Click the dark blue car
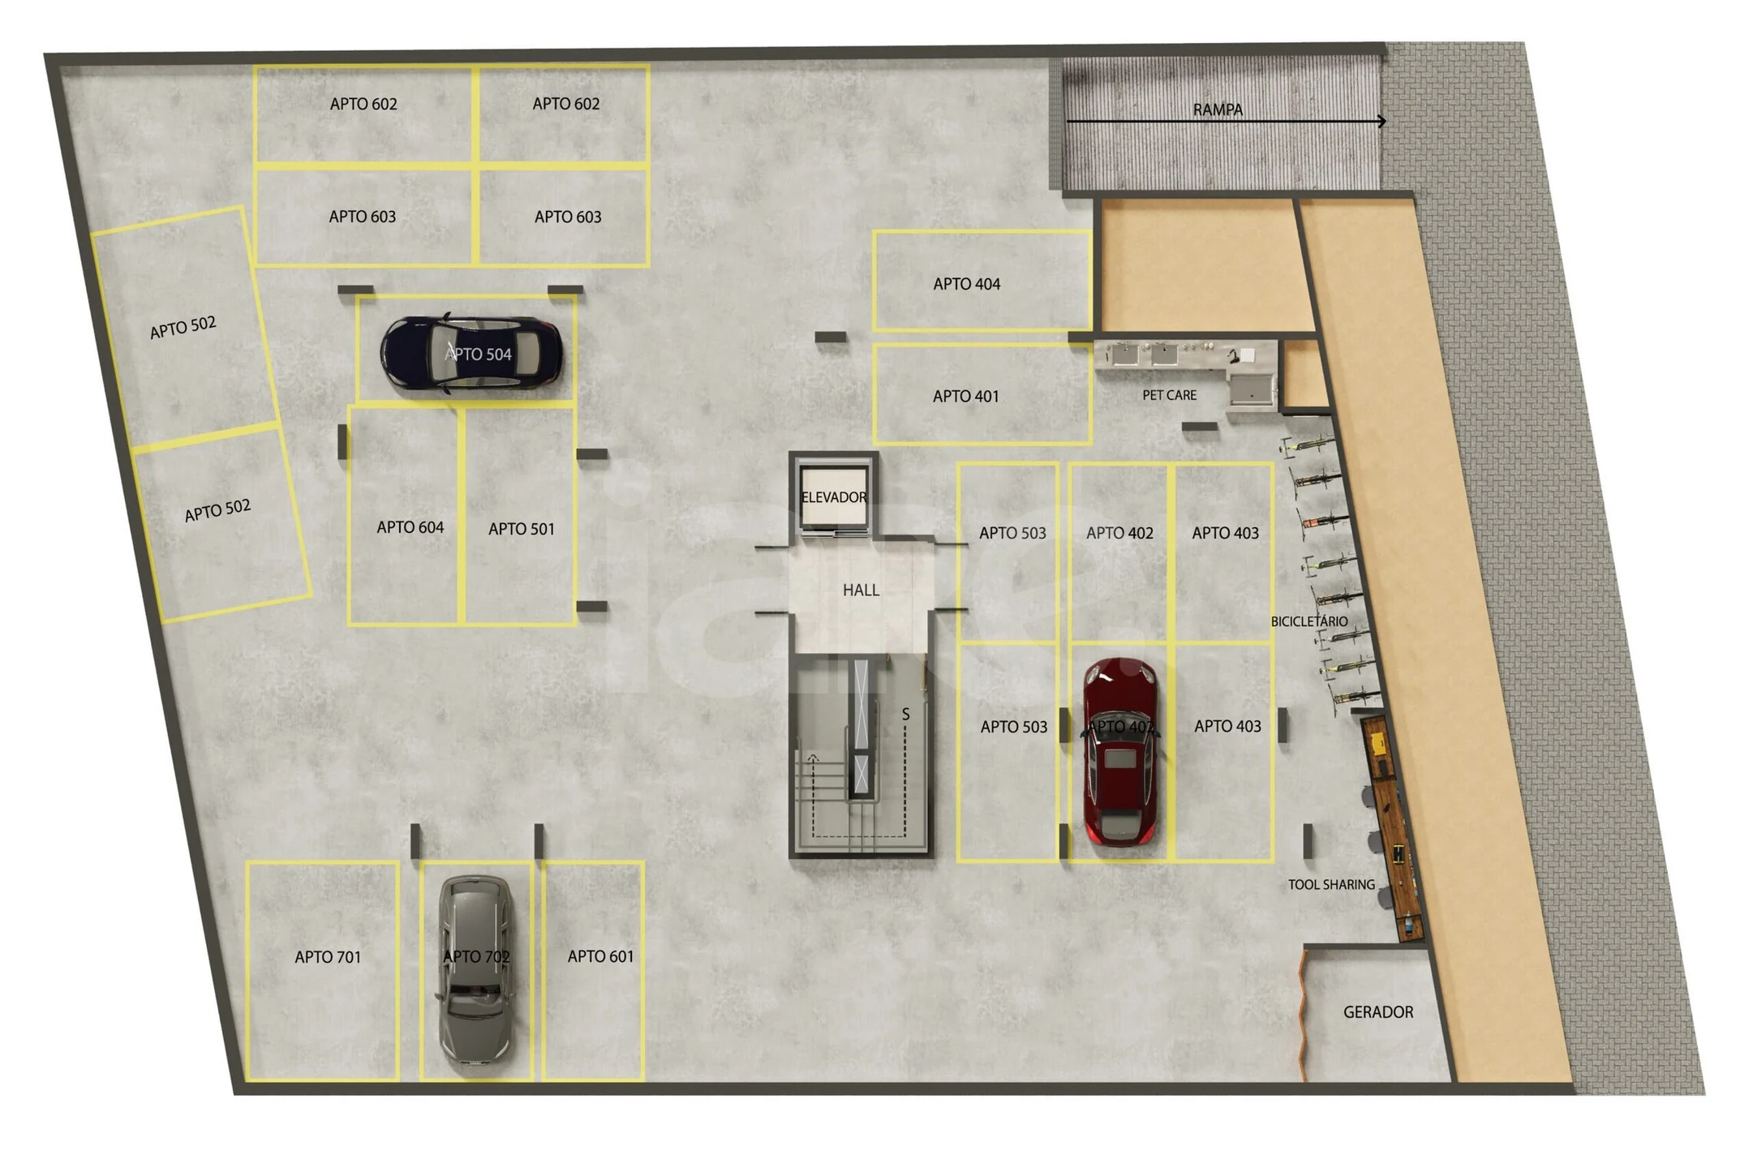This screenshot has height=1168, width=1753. (471, 354)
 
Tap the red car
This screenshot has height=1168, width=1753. (1120, 752)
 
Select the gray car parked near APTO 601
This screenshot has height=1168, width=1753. (475, 972)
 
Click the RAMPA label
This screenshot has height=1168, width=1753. (1217, 109)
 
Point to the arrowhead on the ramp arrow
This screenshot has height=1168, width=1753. (1381, 122)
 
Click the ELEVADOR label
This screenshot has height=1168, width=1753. (834, 497)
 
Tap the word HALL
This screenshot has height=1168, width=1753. (861, 590)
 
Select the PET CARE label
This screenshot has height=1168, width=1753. (1169, 395)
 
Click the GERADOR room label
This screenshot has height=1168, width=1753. (1378, 1012)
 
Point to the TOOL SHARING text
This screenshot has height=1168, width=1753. (1331, 885)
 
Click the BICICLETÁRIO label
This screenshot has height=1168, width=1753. (1309, 621)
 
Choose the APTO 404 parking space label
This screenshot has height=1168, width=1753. (966, 284)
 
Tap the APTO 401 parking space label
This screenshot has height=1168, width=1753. (965, 396)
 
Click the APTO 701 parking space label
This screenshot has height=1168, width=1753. (328, 957)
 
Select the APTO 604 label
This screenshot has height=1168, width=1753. (410, 527)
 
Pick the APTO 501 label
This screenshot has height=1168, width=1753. (522, 529)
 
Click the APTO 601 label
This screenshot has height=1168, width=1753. (600, 956)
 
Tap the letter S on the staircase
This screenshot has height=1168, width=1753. (905, 715)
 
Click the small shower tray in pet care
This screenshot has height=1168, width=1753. (1250, 389)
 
